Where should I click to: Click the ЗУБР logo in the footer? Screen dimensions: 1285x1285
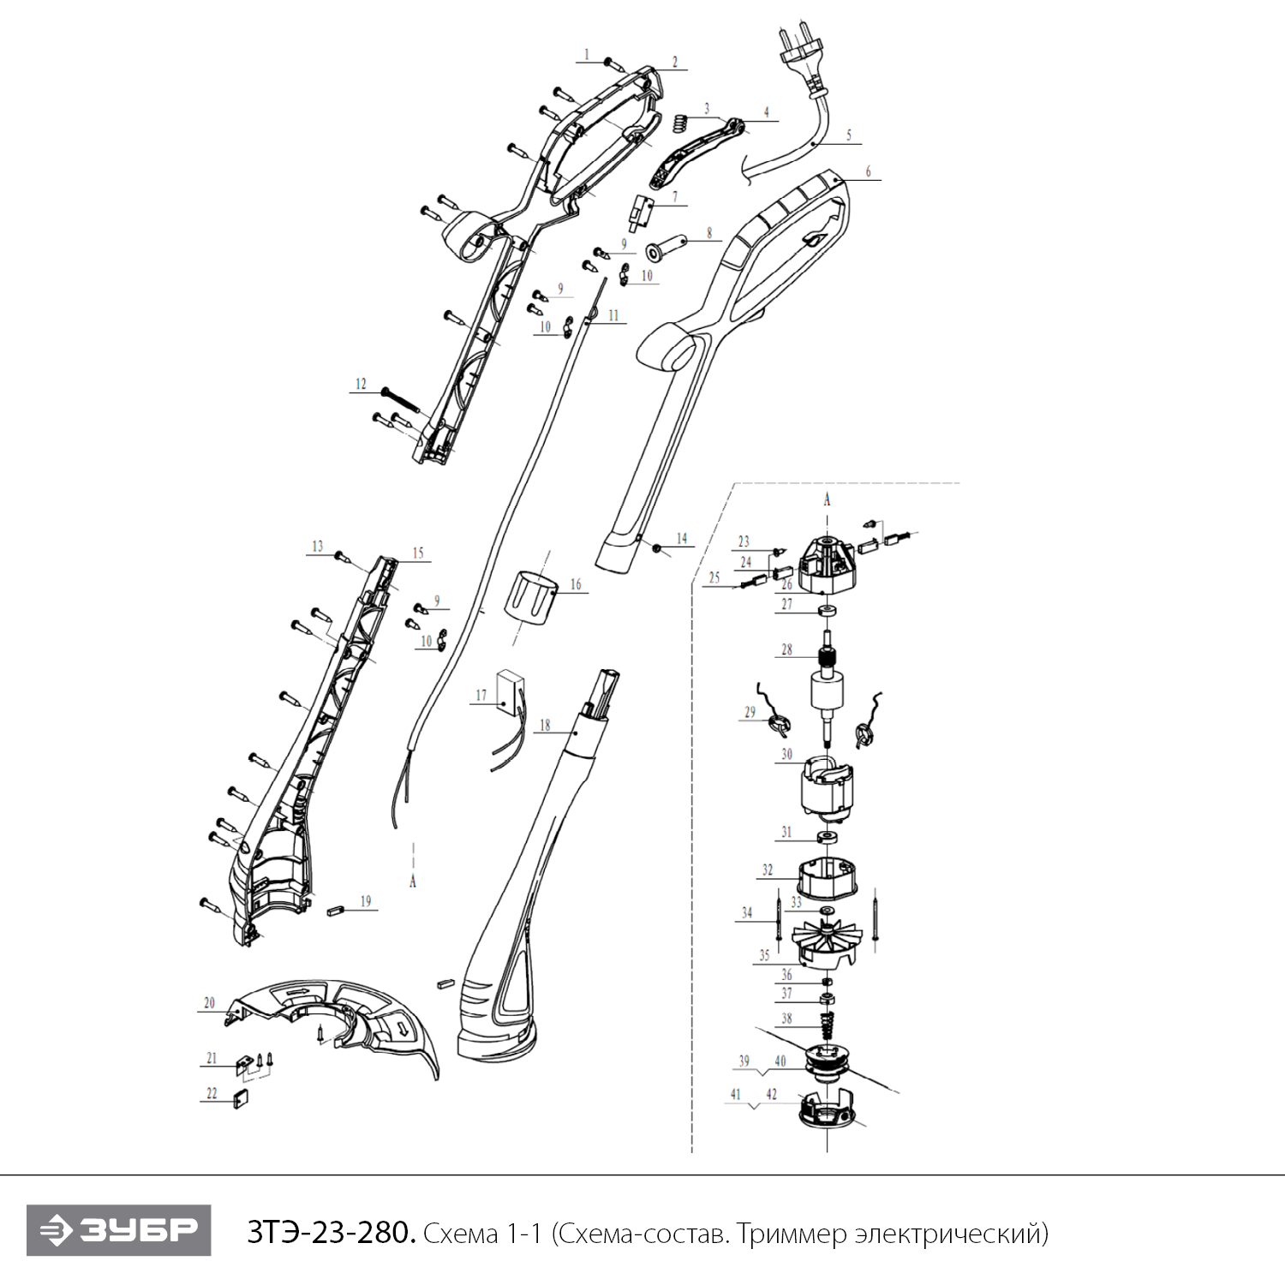coord(118,1230)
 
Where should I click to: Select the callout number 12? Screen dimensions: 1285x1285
coord(361,384)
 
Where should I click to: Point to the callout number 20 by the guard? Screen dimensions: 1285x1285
coord(210,1003)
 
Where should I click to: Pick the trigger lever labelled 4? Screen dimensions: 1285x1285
coord(696,152)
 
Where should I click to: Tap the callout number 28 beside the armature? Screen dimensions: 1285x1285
coord(786,649)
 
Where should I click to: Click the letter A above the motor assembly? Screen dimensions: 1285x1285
coord(827,499)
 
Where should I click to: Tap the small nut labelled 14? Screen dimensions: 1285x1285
coord(657,547)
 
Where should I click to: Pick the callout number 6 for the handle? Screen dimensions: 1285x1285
coord(868,171)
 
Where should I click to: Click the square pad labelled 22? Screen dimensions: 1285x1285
coord(241,1099)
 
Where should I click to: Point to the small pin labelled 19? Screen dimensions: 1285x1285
coord(336,911)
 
